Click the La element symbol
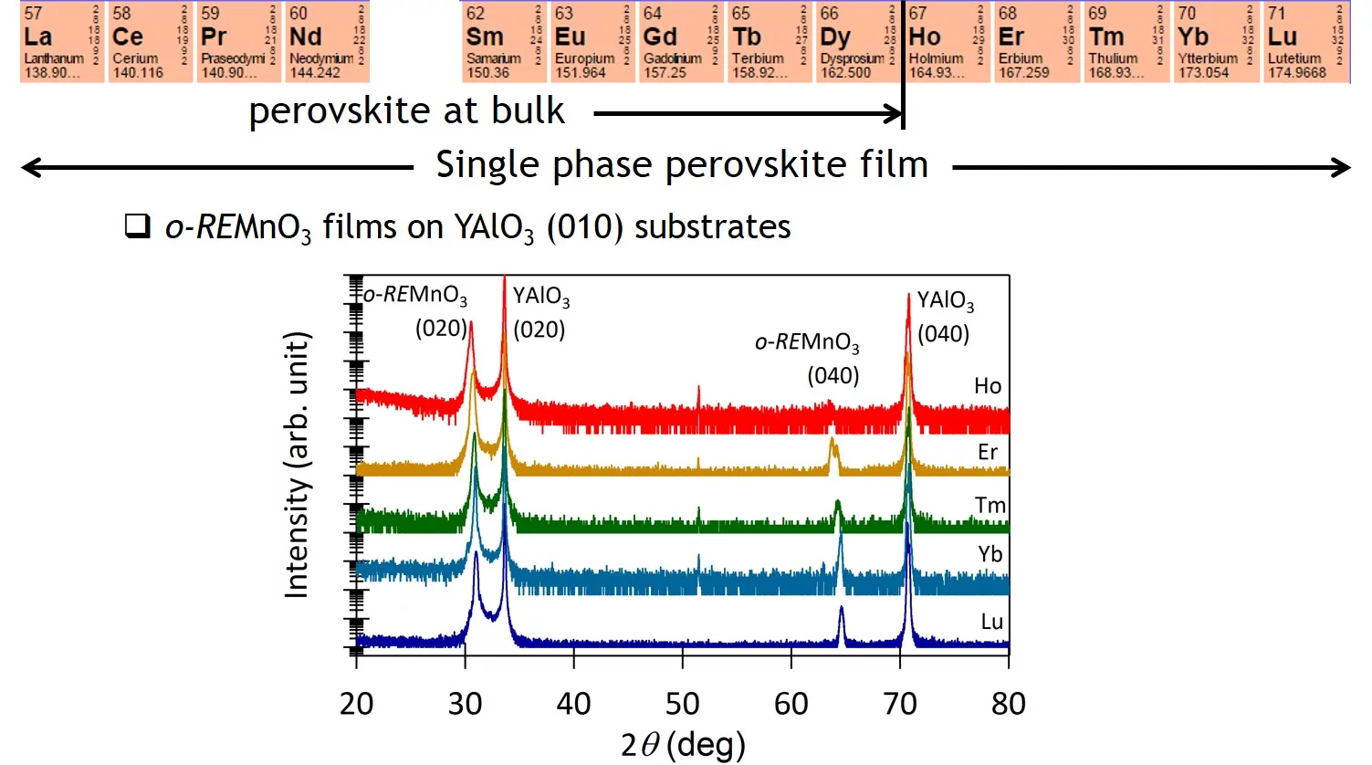pyautogui.click(x=37, y=37)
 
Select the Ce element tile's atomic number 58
pyautogui.click(x=120, y=14)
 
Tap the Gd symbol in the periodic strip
pyautogui.click(x=660, y=37)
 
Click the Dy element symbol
pyautogui.click(x=835, y=37)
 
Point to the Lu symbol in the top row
pyautogui.click(x=1283, y=37)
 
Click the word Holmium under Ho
pyautogui.click(x=936, y=58)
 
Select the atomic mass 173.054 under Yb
pyautogui.click(x=1203, y=73)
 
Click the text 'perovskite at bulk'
pyautogui.click(x=406, y=111)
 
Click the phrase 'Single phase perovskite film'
pyautogui.click(x=682, y=165)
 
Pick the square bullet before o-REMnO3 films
pyautogui.click(x=137, y=225)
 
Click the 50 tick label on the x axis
pyautogui.click(x=682, y=704)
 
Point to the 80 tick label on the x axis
pyautogui.click(x=1008, y=704)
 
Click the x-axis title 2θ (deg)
pyautogui.click(x=683, y=745)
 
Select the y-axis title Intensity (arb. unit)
pyautogui.click(x=297, y=465)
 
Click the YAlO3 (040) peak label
pyautogui.click(x=945, y=317)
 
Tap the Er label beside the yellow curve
pyautogui.click(x=988, y=452)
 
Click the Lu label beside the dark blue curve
pyautogui.click(x=991, y=622)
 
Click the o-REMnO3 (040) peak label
pyautogui.click(x=808, y=358)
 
